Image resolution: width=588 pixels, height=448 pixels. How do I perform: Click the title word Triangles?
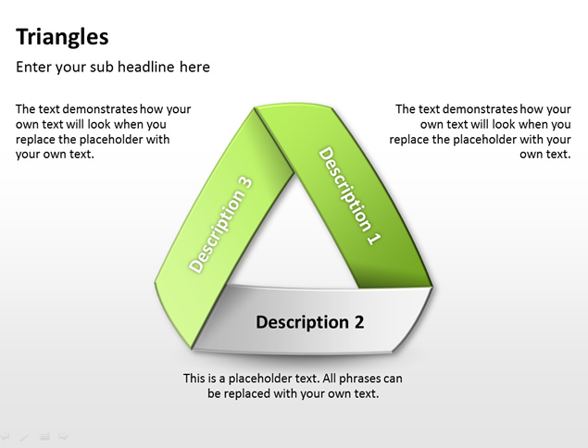coord(62,38)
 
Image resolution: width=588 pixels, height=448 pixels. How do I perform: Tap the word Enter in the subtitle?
coord(33,67)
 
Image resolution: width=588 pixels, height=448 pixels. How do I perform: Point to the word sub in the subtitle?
coord(102,67)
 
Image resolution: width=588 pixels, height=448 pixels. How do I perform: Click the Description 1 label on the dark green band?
coord(350,196)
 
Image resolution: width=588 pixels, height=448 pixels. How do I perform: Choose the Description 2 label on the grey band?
coord(310,322)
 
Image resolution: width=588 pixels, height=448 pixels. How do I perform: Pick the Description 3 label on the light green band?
coord(220,224)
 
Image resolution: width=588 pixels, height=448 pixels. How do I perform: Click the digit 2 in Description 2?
coord(359,322)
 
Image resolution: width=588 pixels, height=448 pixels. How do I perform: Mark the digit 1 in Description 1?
coord(374,239)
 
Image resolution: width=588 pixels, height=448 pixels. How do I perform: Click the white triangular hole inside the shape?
coord(294,240)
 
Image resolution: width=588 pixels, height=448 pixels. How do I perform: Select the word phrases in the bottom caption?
coord(352,379)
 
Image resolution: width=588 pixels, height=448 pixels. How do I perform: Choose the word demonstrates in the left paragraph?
coord(100,109)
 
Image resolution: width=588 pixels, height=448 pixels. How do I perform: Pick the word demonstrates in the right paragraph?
coord(480,109)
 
